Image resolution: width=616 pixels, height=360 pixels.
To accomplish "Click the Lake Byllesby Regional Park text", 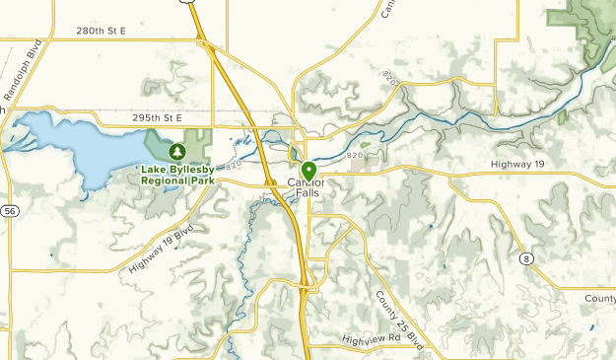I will [177, 175].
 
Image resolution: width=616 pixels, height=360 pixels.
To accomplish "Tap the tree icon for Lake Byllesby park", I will [177, 152].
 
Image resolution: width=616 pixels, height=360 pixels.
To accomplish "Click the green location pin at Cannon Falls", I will [308, 171].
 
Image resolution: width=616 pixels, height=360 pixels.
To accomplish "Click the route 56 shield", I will [9, 211].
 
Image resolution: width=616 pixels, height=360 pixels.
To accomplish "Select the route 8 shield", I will [528, 257].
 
